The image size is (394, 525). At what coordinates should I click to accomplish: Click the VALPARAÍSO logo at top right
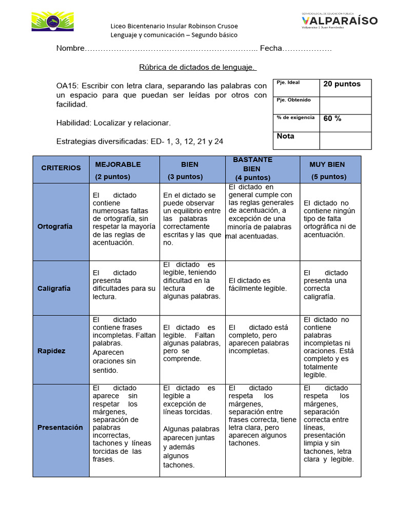coord(339,21)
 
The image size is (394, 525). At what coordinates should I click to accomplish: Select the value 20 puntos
coord(342,84)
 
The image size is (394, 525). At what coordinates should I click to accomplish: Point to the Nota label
coord(286,136)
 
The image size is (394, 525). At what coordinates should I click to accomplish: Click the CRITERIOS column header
coord(61,168)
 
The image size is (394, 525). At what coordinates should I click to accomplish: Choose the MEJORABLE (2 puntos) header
coord(117,170)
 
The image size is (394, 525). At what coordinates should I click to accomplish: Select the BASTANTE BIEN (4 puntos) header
coord(252,169)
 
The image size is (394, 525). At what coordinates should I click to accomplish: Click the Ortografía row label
coord(55,227)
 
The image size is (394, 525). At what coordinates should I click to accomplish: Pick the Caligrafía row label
coord(54,289)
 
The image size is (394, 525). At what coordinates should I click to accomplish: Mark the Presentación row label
coord(60,428)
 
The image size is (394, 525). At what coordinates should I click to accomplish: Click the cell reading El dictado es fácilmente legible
coord(258,285)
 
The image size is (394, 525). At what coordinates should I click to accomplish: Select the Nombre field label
coord(70,48)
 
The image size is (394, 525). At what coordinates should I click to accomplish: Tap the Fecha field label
coord(271,48)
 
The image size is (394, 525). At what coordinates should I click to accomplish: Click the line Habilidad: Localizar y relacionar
coord(113,123)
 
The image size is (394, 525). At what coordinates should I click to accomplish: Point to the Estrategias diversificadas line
coord(140,142)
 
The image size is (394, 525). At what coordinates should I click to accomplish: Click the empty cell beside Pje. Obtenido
coord(345,106)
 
